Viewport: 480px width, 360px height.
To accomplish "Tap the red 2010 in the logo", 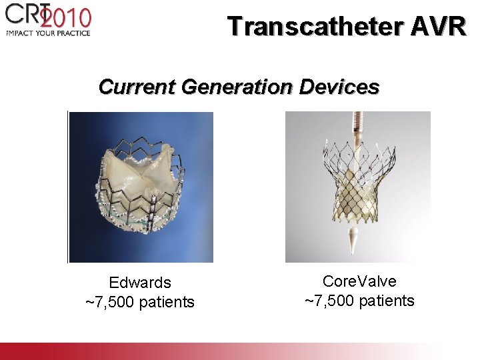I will (x=67, y=17).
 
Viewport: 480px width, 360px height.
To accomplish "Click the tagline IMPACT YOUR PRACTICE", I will (x=47, y=32).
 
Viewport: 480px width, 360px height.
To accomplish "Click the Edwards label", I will (x=140, y=283).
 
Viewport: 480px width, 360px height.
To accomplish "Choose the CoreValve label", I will (x=359, y=281).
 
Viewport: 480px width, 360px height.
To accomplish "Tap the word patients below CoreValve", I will (x=386, y=301).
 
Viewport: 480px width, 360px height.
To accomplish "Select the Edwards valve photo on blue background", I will (x=141, y=187).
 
